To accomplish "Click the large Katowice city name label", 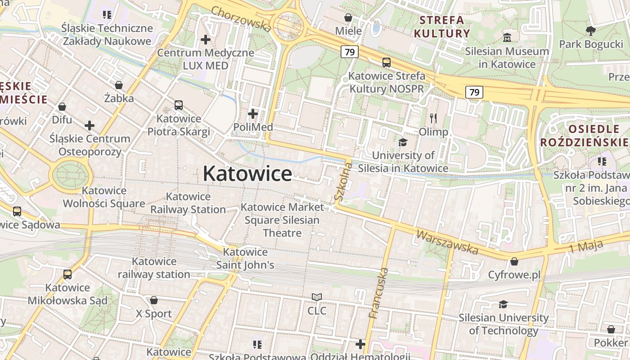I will [247, 173].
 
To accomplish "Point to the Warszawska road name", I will [447, 242].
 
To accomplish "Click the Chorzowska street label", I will [241, 19].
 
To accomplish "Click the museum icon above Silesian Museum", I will [507, 37].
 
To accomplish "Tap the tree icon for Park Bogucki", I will [590, 31].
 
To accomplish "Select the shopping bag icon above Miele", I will [348, 18].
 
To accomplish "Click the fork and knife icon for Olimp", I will [433, 118].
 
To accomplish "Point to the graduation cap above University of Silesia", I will [403, 142].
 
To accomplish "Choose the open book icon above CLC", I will [317, 297].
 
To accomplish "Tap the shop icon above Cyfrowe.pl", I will [514, 261].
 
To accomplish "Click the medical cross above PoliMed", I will [253, 114].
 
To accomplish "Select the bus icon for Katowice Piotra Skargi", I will [179, 105].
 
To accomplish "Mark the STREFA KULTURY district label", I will [442, 27].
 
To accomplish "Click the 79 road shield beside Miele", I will [349, 52].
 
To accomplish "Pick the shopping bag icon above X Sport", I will [154, 300].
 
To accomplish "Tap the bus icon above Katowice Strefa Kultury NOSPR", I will [386, 63].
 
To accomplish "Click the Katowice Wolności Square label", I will [104, 197].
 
